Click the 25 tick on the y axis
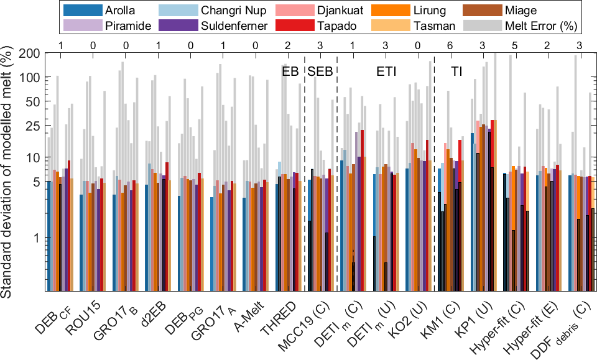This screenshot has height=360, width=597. point(37,126)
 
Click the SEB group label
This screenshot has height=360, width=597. point(321,72)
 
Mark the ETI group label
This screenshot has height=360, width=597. point(386,72)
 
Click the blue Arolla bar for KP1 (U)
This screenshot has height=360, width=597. point(473,211)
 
